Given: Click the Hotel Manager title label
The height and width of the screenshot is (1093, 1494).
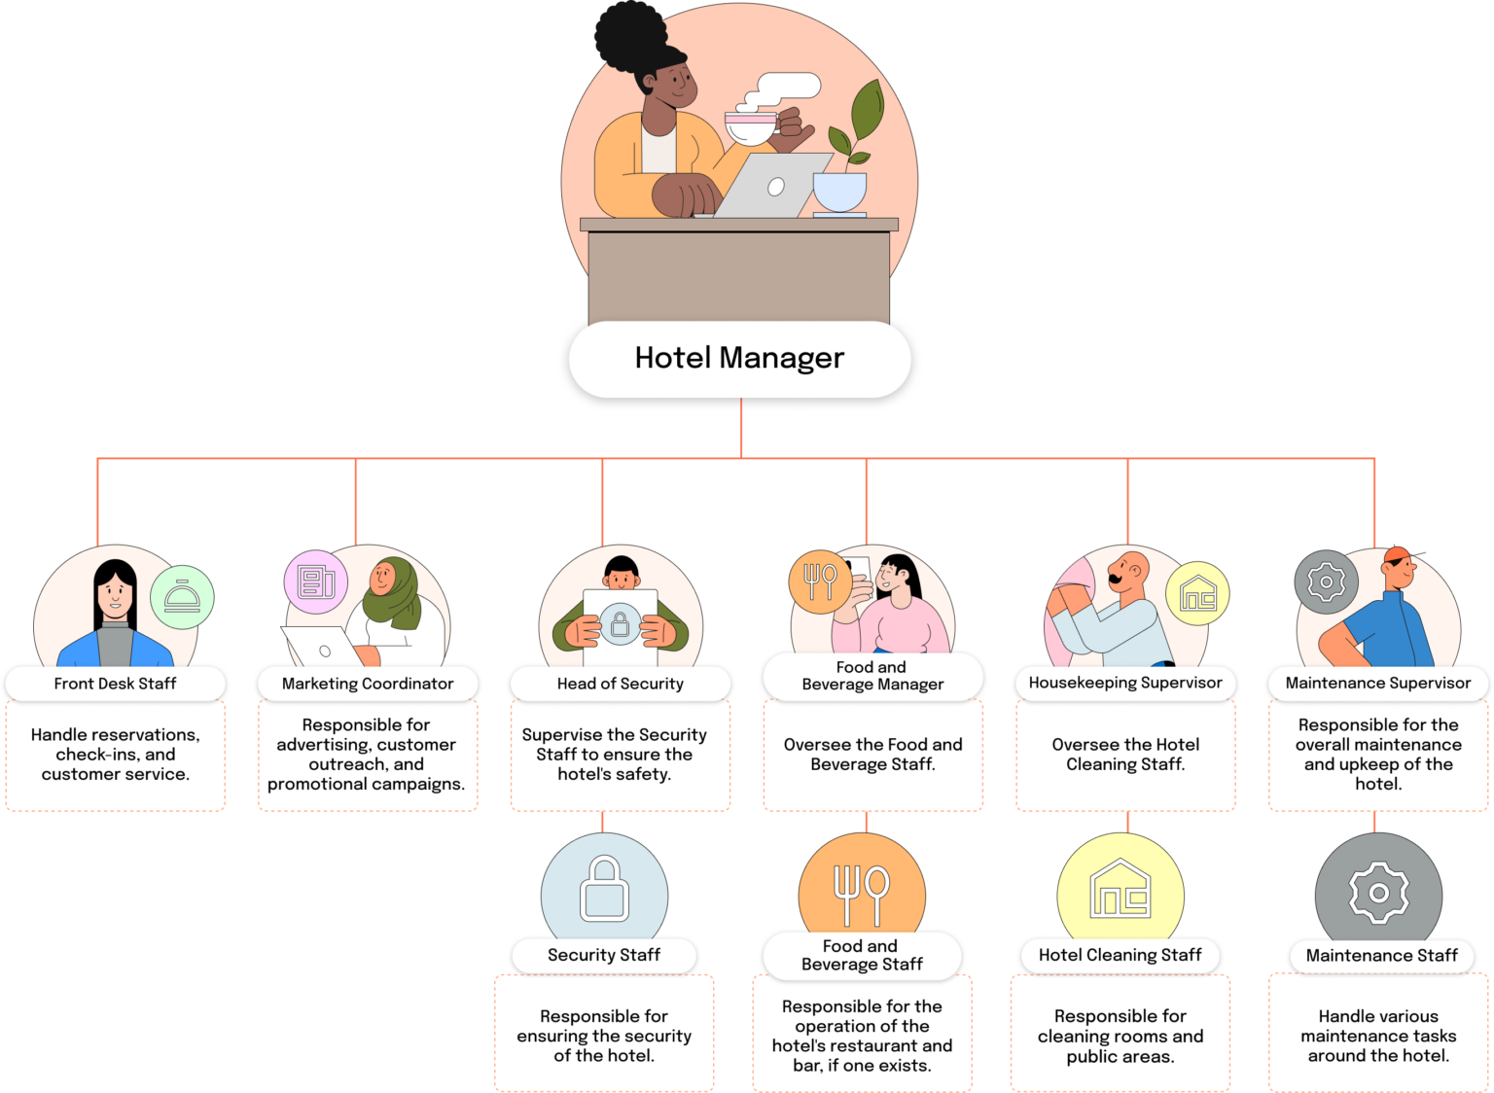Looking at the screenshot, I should click(739, 358).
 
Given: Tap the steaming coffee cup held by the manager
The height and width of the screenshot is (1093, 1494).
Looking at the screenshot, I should click(752, 127).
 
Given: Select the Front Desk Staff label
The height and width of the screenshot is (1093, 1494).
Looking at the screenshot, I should click(115, 684).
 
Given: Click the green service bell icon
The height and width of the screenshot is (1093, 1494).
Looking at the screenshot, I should click(182, 597).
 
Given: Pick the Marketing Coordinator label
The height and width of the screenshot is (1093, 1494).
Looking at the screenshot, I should click(368, 684).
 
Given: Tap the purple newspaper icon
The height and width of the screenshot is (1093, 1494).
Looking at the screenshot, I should click(316, 582).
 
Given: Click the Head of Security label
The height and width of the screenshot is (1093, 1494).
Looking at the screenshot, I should click(620, 684).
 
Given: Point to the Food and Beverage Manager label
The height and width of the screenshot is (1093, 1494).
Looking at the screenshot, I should click(872, 675).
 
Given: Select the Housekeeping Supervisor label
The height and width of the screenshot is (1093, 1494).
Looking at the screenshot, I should click(1125, 683).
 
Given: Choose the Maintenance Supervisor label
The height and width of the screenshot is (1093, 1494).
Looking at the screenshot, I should click(1377, 683).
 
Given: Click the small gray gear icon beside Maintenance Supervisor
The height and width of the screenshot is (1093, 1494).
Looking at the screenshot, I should click(1326, 582).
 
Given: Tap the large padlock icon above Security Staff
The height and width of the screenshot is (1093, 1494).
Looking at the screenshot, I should click(604, 889).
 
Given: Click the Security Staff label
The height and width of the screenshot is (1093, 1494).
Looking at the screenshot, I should click(603, 955).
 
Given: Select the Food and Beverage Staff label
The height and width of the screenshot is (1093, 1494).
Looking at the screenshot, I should click(862, 955).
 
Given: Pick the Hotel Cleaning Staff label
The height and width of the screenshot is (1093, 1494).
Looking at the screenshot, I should click(1120, 955).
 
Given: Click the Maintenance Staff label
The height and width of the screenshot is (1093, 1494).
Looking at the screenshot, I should click(1381, 956).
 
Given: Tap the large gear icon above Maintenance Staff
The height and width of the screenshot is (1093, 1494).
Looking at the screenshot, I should click(1378, 892).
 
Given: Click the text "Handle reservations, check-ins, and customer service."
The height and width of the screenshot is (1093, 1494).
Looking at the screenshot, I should click(115, 755).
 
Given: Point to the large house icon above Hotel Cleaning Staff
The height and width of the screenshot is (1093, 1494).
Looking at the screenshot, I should click(1120, 889).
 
